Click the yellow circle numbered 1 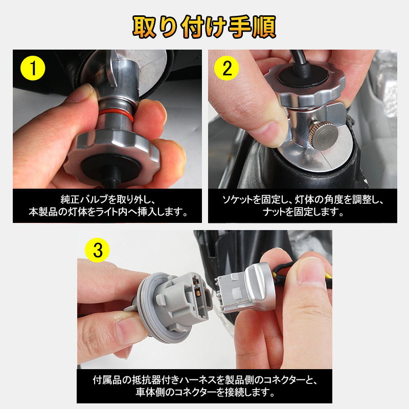click(33, 68)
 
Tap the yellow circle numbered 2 click(226, 68)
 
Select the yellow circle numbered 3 click(97, 250)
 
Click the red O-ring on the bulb click(116, 115)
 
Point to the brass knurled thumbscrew click(325, 135)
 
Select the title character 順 click(263, 27)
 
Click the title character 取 click(145, 27)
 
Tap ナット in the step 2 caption click(274, 212)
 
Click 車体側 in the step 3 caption click(150, 392)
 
